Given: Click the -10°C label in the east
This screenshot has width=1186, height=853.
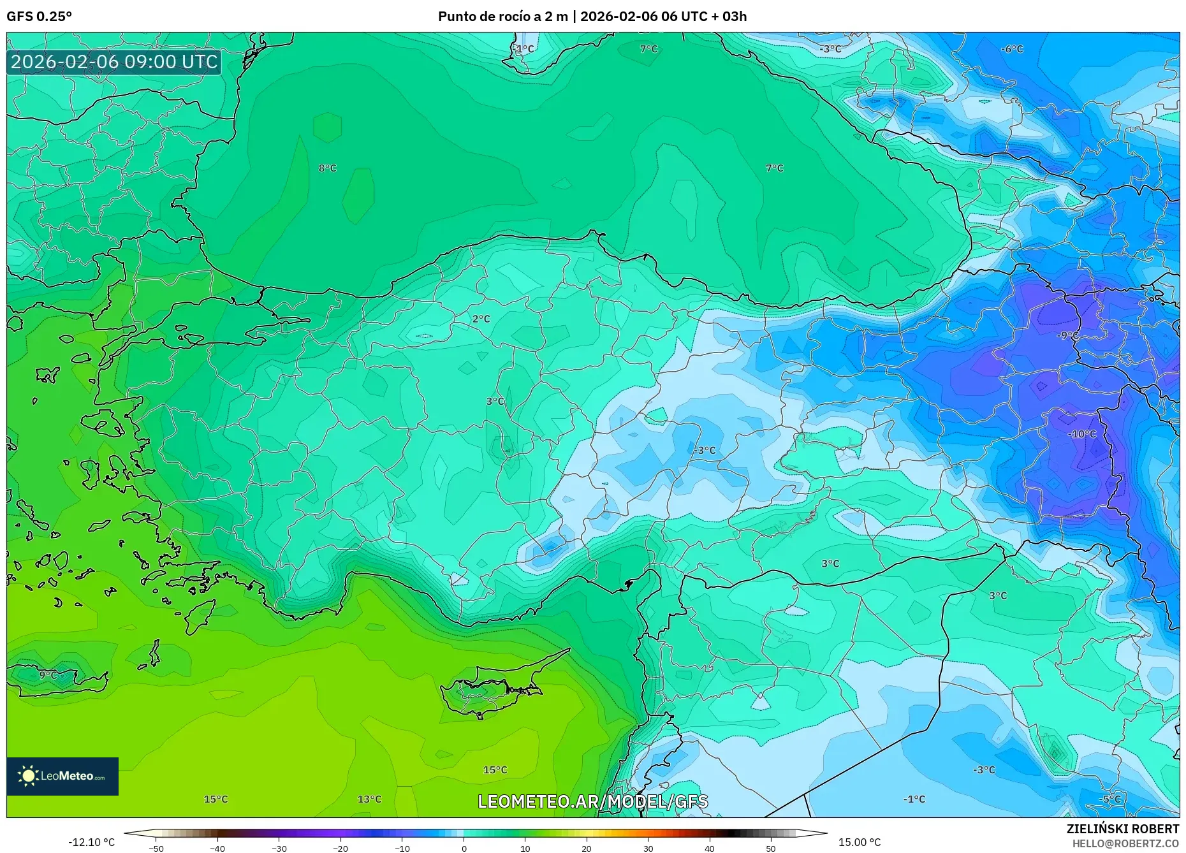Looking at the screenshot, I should (1082, 434).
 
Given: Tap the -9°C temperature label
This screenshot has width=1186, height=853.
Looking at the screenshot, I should (1068, 335).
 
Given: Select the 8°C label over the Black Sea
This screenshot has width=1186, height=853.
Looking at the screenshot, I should (327, 168).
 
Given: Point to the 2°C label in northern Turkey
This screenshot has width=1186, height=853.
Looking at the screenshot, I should (481, 319).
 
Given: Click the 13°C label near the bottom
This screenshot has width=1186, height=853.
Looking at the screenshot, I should (369, 799).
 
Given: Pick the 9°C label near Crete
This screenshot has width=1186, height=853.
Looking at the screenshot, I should (48, 674).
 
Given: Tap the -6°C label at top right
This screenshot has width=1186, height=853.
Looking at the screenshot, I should (1012, 49).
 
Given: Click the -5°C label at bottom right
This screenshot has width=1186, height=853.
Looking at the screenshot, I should (1109, 799).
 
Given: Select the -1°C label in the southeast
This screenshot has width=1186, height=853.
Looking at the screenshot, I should (914, 799).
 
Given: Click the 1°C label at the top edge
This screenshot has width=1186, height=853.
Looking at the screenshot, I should (525, 49).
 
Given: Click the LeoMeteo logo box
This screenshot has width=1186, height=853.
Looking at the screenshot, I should (62, 776).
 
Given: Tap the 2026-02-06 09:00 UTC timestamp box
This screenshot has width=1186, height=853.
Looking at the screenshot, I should (114, 62).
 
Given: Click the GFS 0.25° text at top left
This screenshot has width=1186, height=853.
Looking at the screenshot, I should (39, 17).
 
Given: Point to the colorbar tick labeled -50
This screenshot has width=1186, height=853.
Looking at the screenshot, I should (156, 849).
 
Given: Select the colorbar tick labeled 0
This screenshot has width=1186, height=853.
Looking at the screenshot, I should (464, 849).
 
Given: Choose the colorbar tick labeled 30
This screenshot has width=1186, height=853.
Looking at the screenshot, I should (648, 849).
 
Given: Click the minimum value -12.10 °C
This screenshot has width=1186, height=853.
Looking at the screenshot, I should (91, 843).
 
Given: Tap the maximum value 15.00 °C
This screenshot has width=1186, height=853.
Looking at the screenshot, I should (859, 843).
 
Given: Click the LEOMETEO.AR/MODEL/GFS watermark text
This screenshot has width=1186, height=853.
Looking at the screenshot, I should (592, 801).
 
